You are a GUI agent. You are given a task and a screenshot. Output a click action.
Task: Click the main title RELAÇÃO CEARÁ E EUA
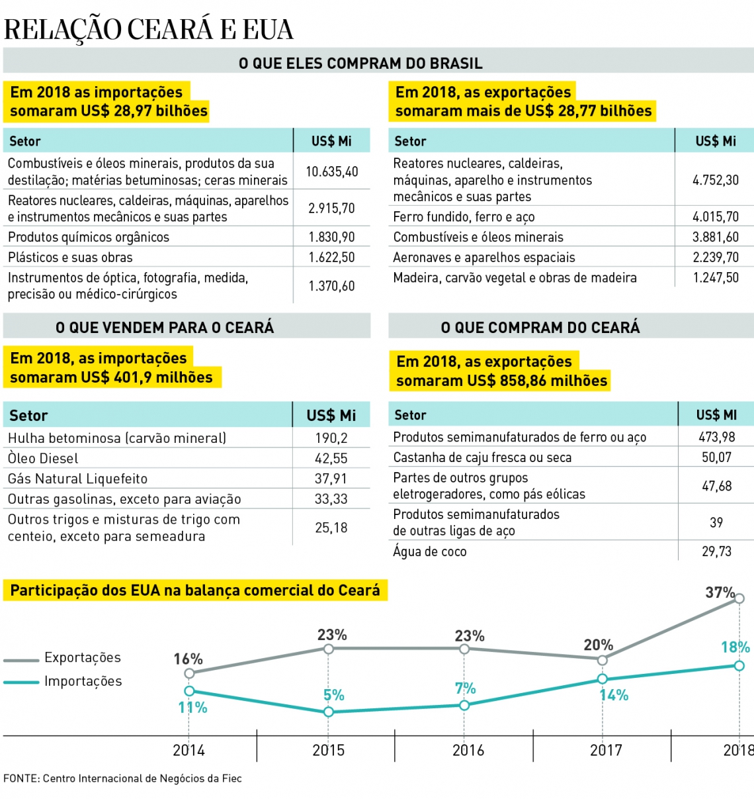tap(148, 30)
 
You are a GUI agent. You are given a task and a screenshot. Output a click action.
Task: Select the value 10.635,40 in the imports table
tap(331, 171)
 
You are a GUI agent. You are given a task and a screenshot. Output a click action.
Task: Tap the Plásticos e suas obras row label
tap(70, 258)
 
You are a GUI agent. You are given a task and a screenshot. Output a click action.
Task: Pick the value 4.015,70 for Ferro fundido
tap(716, 216)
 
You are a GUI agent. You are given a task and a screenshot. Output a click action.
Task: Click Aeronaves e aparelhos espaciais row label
tap(484, 258)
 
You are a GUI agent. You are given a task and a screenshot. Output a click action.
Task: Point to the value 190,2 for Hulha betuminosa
tap(331, 438)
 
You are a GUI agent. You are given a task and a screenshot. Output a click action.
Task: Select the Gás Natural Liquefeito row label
tap(77, 479)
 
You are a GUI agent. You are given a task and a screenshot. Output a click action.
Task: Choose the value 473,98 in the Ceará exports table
tap(716, 437)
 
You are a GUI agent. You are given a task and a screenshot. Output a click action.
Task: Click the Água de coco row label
tap(430, 551)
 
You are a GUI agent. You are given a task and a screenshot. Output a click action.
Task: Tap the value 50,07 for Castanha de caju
tap(716, 457)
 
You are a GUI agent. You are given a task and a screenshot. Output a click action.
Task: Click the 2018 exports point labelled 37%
tap(739, 598)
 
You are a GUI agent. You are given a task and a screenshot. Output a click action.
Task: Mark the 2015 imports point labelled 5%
tap(329, 712)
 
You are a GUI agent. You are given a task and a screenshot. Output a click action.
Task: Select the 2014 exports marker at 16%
tap(189, 673)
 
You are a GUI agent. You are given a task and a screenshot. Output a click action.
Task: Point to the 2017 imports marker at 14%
tap(602, 679)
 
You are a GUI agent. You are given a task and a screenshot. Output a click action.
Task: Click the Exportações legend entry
tap(82, 657)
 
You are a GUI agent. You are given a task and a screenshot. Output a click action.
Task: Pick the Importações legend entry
tap(83, 681)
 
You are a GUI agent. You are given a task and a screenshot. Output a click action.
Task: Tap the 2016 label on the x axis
tap(468, 750)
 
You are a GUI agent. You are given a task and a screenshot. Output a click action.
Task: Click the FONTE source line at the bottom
tap(122, 778)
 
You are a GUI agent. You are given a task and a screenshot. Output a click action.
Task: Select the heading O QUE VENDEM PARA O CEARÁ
tap(165, 327)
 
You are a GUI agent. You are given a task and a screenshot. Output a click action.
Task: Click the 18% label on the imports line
tap(735, 647)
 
